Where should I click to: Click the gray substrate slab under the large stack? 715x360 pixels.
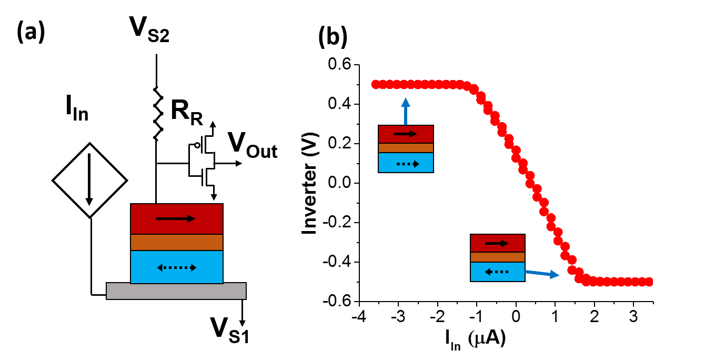point(176,291)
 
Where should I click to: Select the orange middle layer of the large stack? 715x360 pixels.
point(177,242)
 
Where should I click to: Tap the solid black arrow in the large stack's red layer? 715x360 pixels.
point(176,218)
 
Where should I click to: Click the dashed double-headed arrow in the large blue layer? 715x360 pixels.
point(177,267)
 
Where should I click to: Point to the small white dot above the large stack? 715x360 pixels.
point(197,145)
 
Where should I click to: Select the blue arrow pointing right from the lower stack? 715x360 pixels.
point(542,273)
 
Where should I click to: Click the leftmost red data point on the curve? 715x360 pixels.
point(376,84)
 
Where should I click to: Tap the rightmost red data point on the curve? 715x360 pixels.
point(649,282)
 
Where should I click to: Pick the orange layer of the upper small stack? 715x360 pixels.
point(406,148)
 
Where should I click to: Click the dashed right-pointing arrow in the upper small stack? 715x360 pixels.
point(408,164)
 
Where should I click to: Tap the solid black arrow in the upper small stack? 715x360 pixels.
point(405,134)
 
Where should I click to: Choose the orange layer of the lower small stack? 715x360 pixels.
point(497,257)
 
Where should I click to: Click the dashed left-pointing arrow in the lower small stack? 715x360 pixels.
point(496,272)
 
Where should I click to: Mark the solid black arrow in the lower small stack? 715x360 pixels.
point(497,243)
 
